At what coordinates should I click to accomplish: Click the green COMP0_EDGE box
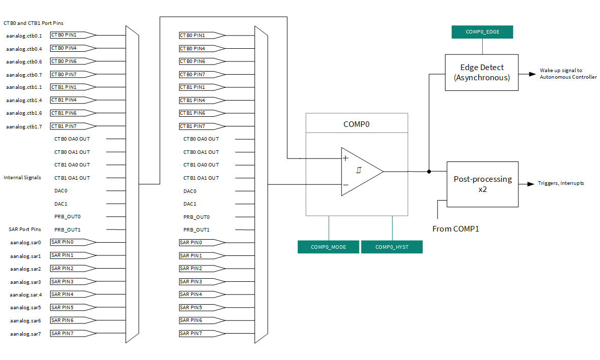tap(482, 32)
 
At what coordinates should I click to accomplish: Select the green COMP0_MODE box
tap(328, 247)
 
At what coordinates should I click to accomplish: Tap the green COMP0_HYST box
tap(392, 247)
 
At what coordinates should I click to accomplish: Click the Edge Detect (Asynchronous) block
tap(482, 73)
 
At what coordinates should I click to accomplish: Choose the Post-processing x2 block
tap(482, 184)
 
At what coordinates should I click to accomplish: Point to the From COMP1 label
tap(456, 229)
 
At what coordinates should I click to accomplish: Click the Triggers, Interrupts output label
tap(561, 183)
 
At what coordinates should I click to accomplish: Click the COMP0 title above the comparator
tap(356, 124)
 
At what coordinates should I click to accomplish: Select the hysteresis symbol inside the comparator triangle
tap(358, 171)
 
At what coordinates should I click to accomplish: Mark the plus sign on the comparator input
tap(345, 158)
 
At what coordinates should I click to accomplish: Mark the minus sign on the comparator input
tap(345, 185)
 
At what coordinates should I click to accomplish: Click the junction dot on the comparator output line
tap(429, 172)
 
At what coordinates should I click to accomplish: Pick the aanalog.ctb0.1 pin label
tap(24, 36)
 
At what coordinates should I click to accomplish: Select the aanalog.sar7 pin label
tap(25, 334)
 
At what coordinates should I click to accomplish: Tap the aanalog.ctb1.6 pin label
tap(24, 113)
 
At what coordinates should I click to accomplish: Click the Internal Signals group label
tap(22, 178)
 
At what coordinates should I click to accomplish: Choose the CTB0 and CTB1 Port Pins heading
tap(34, 23)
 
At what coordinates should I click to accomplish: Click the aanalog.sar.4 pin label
tap(26, 294)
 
